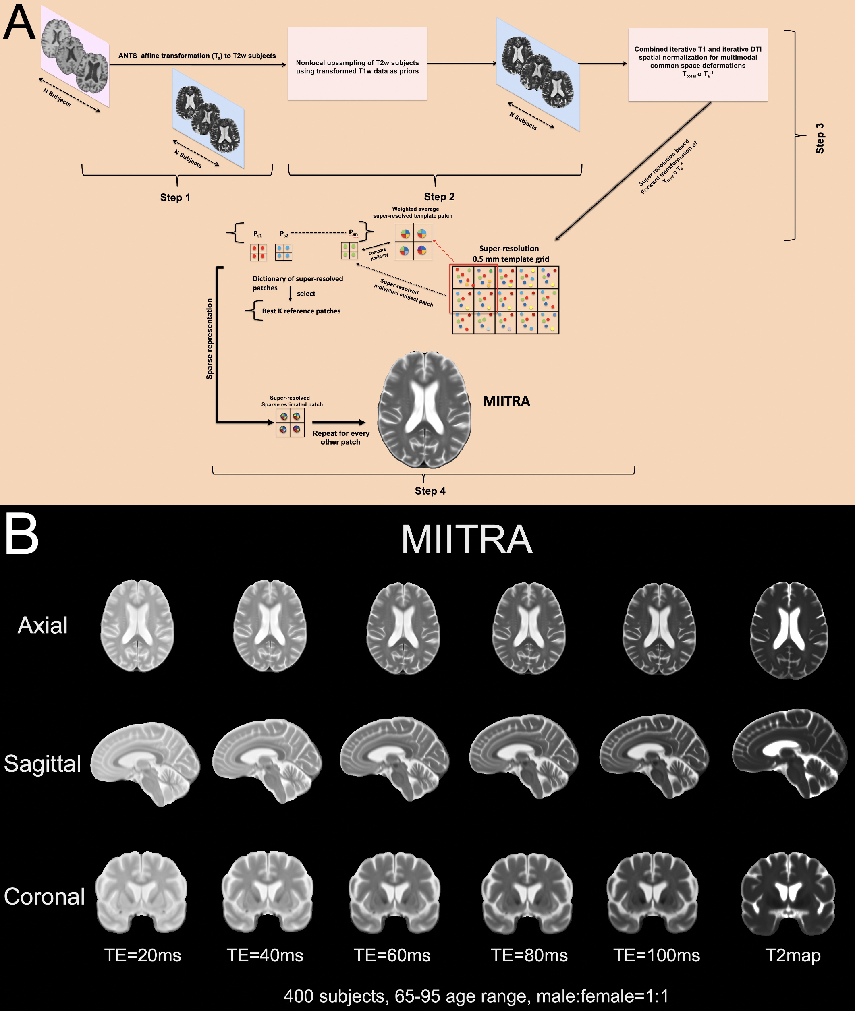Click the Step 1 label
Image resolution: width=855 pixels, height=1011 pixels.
pos(175,197)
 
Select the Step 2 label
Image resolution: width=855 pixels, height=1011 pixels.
pos(439,196)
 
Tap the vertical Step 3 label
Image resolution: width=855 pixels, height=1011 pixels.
pos(820,139)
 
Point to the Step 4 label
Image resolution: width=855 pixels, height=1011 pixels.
pos(430,491)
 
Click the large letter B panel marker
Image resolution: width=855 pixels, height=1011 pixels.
pos(22,536)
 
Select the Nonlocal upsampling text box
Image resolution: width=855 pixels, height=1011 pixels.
pos(357,64)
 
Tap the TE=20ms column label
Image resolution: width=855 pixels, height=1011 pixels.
pos(143,955)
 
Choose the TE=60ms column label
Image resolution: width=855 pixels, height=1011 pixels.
pos(392,955)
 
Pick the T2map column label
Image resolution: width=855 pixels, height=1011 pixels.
pos(793,955)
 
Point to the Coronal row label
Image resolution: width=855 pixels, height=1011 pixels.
pos(44,897)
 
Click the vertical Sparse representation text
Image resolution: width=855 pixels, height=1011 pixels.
pos(210,339)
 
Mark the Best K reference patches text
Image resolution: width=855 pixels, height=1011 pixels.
pos(301,311)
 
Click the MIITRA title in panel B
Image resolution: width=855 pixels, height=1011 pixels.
pos(467,540)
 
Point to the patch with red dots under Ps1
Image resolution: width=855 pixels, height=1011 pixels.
pos(258,252)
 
